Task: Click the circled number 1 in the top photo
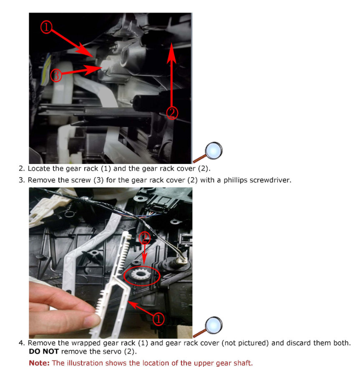[x=46, y=28]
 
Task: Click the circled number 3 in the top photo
[x=56, y=75]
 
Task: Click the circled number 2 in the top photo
[x=172, y=113]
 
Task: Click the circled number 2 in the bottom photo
[x=145, y=239]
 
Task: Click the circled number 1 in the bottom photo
[x=159, y=319]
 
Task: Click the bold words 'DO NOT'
[x=43, y=352]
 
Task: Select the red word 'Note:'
[x=39, y=363]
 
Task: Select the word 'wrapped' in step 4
[x=82, y=343]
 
